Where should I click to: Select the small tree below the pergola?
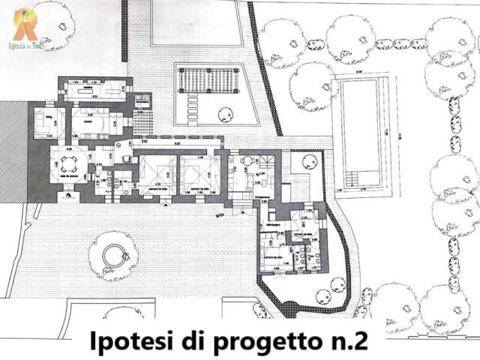pyautogui.click(x=223, y=114)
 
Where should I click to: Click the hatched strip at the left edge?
pyautogui.click(x=13, y=150)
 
